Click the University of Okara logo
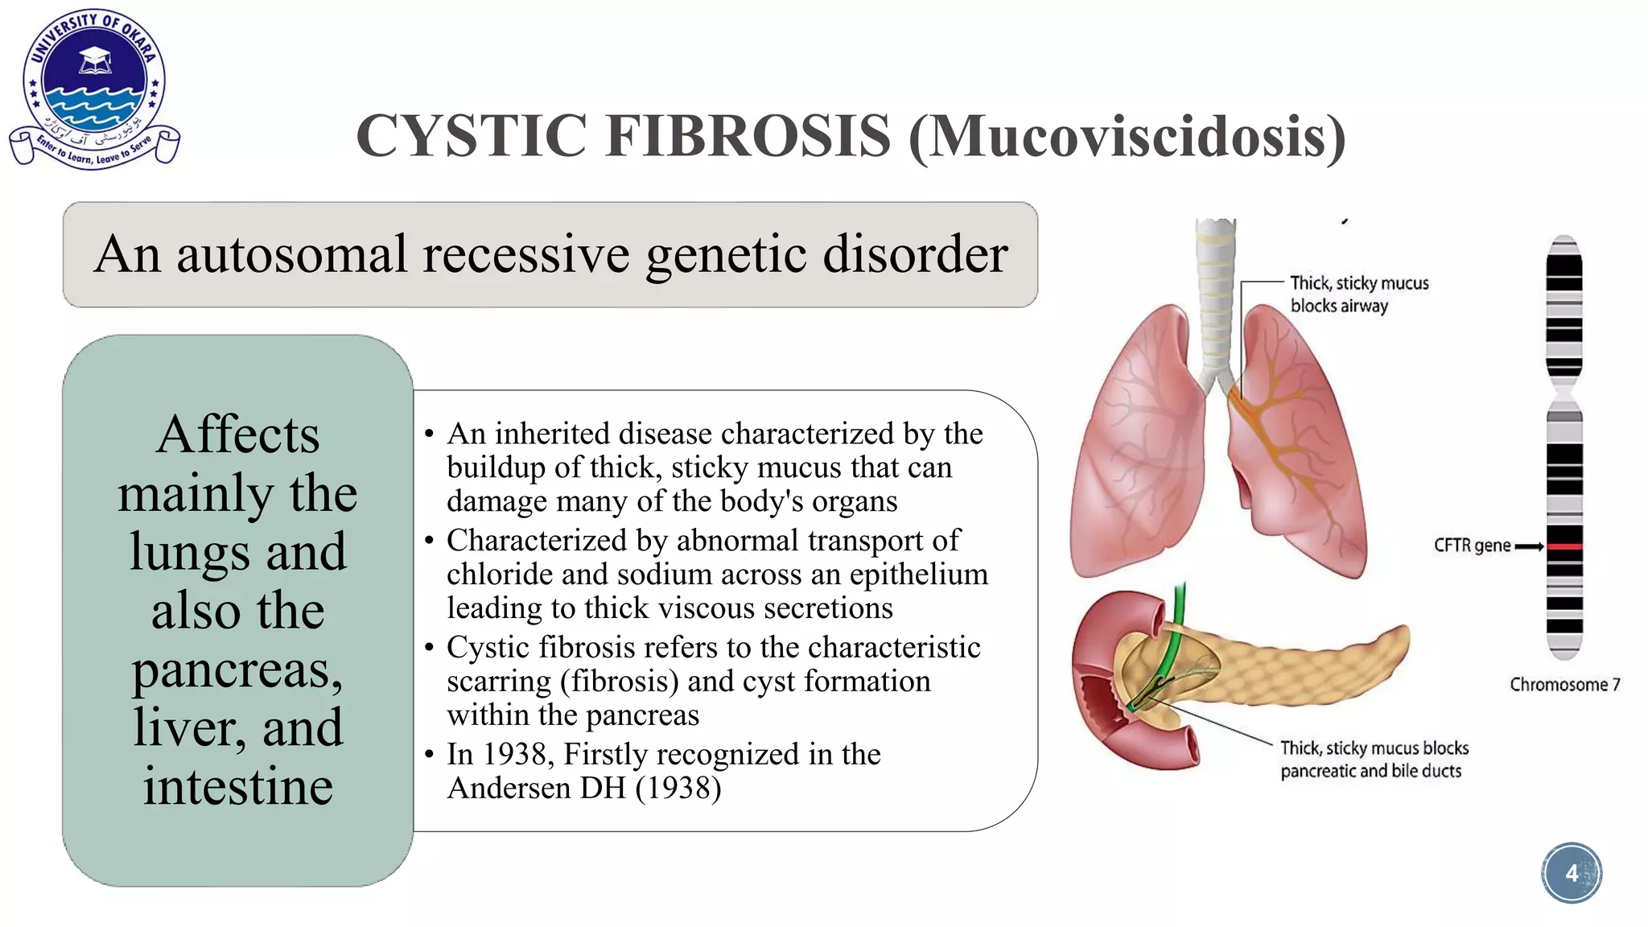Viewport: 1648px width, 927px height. [x=94, y=89]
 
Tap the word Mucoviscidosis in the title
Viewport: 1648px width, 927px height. [x=1127, y=135]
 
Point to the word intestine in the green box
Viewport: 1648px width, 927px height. [x=237, y=786]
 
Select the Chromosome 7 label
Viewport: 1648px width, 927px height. [x=1564, y=685]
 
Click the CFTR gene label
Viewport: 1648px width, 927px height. [x=1472, y=546]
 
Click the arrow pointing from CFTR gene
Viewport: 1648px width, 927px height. [x=1529, y=546]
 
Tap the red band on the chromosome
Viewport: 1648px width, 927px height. [x=1564, y=547]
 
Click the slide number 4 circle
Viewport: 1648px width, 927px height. [x=1572, y=873]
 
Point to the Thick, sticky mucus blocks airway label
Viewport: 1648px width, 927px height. [x=1358, y=295]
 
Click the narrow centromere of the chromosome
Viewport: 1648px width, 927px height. [x=1564, y=394]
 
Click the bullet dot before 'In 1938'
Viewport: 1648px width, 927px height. [x=430, y=755]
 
